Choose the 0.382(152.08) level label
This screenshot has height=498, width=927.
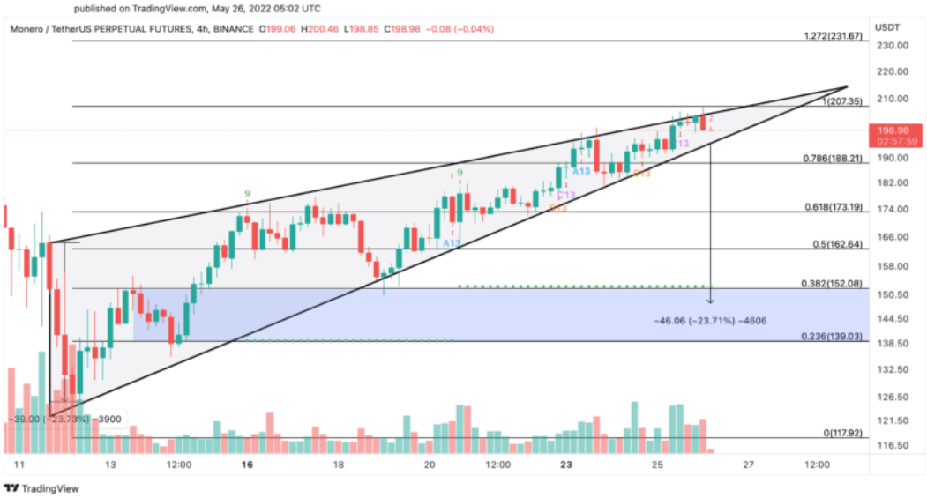[834, 283]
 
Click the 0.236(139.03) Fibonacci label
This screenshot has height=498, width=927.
[834, 337]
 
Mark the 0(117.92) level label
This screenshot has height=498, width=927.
[842, 433]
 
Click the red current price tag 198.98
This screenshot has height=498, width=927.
[895, 130]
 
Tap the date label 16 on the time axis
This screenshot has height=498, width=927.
[249, 465]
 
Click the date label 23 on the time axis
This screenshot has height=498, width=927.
[564, 465]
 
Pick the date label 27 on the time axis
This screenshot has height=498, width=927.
[748, 465]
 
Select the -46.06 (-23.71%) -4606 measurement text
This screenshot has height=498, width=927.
[709, 320]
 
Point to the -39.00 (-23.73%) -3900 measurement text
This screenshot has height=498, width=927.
[64, 420]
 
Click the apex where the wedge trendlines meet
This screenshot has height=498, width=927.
[847, 87]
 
